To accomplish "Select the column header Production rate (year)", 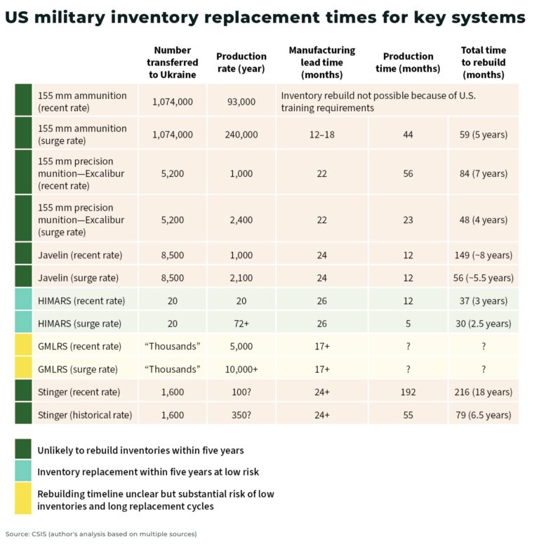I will click(241, 62).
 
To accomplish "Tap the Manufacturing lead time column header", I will click(321, 62).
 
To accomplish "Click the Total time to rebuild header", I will click(483, 62).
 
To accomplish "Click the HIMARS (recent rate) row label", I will click(82, 300).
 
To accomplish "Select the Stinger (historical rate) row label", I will click(85, 415).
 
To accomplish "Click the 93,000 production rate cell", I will click(241, 101).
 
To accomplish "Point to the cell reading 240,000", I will click(241, 134).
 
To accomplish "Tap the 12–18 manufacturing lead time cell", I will click(321, 134).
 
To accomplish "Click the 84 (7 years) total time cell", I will click(483, 173).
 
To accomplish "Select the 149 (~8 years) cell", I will click(483, 255).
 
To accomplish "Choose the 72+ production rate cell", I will click(241, 324).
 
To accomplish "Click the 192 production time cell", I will click(408, 392).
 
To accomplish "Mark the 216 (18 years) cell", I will click(483, 392).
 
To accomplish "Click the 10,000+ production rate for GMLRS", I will click(241, 369).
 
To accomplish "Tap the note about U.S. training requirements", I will click(382, 101).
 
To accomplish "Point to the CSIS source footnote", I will click(101, 534).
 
